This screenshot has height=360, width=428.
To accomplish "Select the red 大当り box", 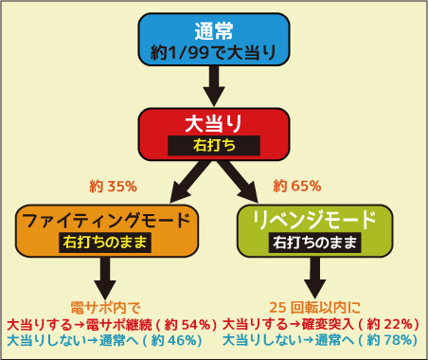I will point(214,133).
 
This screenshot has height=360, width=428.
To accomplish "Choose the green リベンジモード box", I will point(315,230).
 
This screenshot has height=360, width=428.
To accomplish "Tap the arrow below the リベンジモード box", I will point(315,276).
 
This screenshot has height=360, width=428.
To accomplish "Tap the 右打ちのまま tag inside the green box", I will point(315,243).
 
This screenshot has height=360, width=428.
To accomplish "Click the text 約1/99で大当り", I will point(214,52).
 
